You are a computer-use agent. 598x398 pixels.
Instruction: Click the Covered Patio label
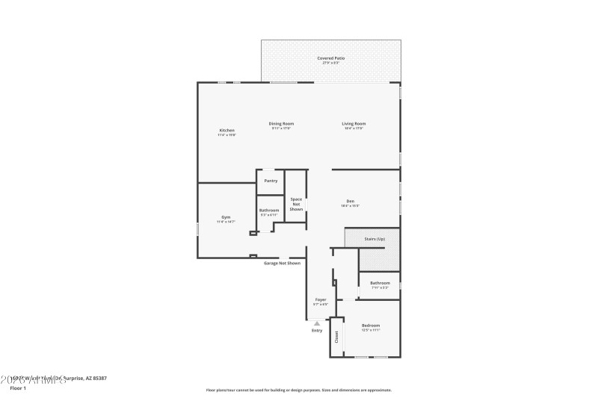[x=330, y=57]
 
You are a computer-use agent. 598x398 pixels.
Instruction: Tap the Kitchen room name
[x=226, y=130]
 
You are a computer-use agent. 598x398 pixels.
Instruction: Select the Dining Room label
[x=281, y=123]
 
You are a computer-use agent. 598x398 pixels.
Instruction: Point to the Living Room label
[x=354, y=123]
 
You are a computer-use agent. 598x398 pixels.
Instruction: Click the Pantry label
[x=271, y=180]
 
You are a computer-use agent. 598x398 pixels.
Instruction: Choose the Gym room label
[x=226, y=217]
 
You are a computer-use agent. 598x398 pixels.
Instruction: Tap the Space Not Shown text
[x=297, y=204]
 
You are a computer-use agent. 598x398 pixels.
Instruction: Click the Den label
[x=350, y=201]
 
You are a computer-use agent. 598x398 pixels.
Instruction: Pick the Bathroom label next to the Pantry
[x=269, y=210]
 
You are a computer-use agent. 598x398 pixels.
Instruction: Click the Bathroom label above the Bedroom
[x=380, y=282]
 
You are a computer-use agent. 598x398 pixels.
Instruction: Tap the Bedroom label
[x=372, y=325]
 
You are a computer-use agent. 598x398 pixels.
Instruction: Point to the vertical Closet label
[x=336, y=337]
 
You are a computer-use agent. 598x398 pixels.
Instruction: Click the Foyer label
[x=320, y=299]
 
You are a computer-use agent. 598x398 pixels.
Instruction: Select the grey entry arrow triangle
[x=317, y=323]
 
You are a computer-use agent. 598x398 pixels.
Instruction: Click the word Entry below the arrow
[x=317, y=330]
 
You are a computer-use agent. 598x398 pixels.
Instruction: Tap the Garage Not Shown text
[x=282, y=263]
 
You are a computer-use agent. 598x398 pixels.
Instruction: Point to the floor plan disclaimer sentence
[x=298, y=390]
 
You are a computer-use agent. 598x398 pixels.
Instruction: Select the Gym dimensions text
[x=226, y=222]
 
